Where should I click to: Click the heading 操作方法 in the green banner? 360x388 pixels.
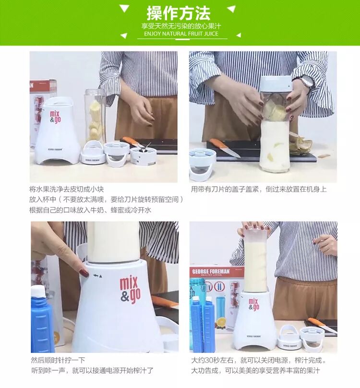pos(179,13)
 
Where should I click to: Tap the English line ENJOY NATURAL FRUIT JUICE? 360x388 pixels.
pos(181,34)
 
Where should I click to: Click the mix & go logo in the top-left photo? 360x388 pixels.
pos(55,117)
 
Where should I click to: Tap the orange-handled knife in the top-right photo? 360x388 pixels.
pos(225,148)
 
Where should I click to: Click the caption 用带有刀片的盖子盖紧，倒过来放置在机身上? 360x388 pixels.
pos(259,189)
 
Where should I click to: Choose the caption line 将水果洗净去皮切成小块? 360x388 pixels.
pos(66,189)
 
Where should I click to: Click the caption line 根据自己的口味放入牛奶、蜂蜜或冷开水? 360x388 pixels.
pos(90,211)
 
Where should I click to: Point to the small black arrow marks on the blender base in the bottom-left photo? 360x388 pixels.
pos(97,276)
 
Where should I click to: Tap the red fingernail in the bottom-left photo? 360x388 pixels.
pos(84,273)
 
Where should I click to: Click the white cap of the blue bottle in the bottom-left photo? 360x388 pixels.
pos(38,292)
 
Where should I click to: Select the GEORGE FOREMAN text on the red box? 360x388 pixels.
pos(211,271)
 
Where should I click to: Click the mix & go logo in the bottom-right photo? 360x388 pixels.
pos(254,304)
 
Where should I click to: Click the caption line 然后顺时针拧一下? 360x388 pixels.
pos(58,360)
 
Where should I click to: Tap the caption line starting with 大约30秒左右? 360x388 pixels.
pos(259,360)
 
